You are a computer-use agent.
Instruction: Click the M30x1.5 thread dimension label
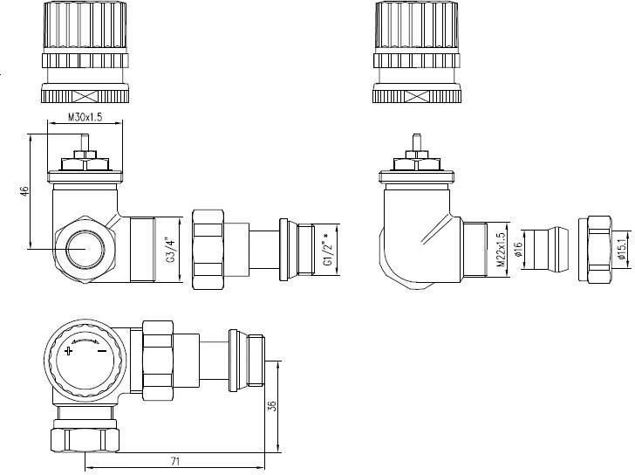[x=85, y=117]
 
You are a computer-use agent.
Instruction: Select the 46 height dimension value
[x=25, y=191]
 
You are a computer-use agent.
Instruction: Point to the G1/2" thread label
[x=328, y=250]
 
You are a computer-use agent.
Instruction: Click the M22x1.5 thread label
[x=501, y=249]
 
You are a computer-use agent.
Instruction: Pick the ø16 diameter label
[x=516, y=249]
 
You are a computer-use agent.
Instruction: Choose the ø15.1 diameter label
[x=623, y=249]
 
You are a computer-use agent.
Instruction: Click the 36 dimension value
[x=272, y=406]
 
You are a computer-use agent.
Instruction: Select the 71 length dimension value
[x=175, y=461]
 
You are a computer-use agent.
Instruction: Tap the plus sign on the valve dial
[x=69, y=351]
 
